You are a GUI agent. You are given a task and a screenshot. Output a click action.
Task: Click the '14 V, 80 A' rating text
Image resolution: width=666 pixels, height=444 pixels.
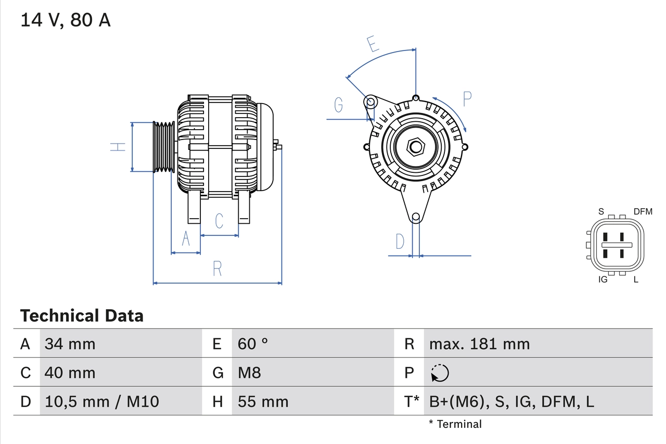pyautogui.click(x=66, y=20)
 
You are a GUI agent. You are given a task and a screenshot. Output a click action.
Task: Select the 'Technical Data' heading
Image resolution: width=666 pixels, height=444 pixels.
pyautogui.click(x=82, y=316)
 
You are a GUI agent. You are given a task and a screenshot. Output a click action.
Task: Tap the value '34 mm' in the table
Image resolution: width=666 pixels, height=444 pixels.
pyautogui.click(x=70, y=344)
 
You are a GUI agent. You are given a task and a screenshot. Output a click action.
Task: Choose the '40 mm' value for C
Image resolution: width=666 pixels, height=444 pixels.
pyautogui.click(x=70, y=373)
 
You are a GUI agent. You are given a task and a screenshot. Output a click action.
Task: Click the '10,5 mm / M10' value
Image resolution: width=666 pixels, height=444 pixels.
pyautogui.click(x=102, y=401)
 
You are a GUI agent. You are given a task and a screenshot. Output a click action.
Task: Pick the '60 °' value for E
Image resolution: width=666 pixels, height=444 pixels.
pyautogui.click(x=253, y=344)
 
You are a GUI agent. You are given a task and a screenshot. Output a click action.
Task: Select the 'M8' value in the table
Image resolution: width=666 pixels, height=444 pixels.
pyautogui.click(x=249, y=373)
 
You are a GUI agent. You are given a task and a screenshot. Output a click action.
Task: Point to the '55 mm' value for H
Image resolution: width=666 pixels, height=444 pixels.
pyautogui.click(x=263, y=401)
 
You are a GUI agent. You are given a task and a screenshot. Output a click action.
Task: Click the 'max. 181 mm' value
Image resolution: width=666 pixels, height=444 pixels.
pyautogui.click(x=479, y=344)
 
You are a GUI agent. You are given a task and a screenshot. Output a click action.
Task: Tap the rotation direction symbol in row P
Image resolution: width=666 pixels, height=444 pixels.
pyautogui.click(x=440, y=373)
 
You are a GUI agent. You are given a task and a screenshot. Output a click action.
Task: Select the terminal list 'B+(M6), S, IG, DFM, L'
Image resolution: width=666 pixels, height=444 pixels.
pyautogui.click(x=511, y=401)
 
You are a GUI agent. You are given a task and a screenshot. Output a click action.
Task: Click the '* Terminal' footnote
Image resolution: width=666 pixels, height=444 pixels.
pyautogui.click(x=455, y=424)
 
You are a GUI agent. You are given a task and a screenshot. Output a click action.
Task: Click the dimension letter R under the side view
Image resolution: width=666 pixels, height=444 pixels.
pyautogui.click(x=217, y=269)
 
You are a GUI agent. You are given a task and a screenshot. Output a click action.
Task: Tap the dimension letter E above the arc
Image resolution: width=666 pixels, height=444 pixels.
pyautogui.click(x=372, y=44)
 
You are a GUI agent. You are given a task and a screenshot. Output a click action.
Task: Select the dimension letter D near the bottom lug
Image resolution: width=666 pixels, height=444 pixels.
pyautogui.click(x=400, y=242)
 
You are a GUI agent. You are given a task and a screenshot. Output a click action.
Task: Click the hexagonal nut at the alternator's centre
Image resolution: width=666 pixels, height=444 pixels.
pyautogui.click(x=415, y=146)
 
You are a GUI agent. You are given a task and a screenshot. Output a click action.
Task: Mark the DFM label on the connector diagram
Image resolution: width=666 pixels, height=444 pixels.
pyautogui.click(x=643, y=211)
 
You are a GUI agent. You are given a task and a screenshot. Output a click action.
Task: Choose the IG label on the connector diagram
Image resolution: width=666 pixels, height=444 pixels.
pyautogui.click(x=603, y=280)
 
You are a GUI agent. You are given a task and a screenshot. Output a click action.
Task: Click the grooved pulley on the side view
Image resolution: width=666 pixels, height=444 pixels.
pyautogui.click(x=163, y=147)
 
